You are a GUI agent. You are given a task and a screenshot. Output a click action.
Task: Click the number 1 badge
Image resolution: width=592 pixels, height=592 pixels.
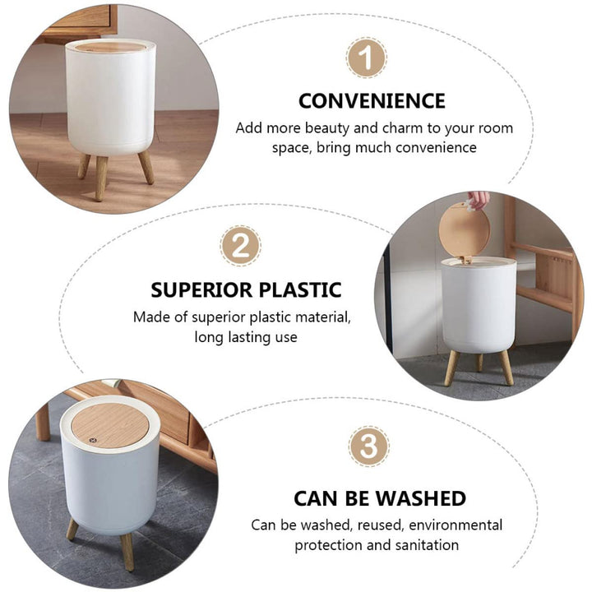tap(366, 58)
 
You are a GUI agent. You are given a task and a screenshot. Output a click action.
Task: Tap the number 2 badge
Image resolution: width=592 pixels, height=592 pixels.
tap(240, 246)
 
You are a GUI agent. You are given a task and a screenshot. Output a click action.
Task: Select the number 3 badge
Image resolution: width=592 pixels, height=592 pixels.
tap(368, 446)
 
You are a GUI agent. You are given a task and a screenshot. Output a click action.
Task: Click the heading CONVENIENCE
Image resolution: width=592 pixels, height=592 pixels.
tap(372, 101)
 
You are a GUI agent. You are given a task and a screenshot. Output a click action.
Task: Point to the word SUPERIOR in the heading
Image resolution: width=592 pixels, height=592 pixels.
tap(201, 290)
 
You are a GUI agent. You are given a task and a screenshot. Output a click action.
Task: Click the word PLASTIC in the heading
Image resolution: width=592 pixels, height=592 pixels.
tap(300, 290)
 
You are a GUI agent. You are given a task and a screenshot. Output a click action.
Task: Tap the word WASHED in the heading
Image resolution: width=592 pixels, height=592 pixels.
tap(421, 498)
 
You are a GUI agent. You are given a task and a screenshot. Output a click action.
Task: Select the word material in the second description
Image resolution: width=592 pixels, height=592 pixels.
tap(323, 317)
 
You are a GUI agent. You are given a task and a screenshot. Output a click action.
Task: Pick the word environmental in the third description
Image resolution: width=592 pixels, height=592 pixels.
tap(456, 525)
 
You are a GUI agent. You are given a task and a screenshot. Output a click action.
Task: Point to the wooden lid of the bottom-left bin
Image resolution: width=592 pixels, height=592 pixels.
tap(110, 426)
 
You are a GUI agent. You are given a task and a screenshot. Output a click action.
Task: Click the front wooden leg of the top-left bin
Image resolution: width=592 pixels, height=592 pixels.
tap(101, 178)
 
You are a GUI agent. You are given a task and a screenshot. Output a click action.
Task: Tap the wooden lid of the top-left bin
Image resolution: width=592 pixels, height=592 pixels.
tap(111, 47)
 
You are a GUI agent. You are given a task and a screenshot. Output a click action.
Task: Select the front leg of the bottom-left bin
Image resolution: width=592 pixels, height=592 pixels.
tap(127, 552)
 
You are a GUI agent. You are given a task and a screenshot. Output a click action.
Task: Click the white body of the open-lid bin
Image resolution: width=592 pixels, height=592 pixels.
tap(479, 307)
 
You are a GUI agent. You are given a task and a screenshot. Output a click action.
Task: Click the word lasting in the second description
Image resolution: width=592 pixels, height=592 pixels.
tap(247, 337)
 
